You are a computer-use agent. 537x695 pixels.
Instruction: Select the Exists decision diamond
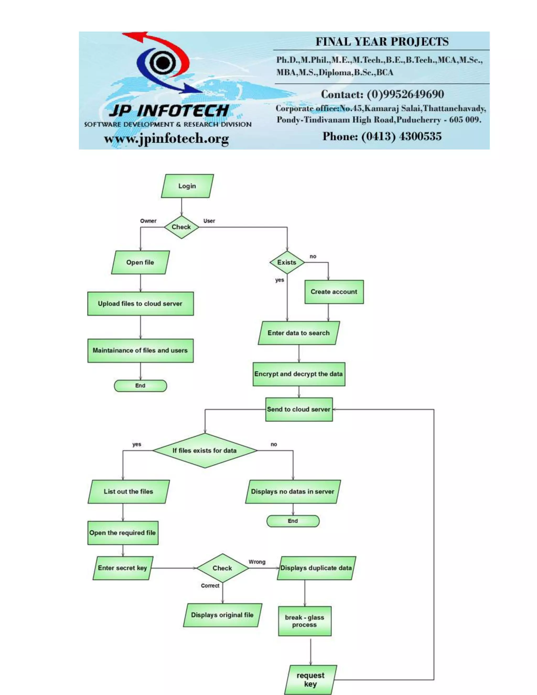tap(287, 262)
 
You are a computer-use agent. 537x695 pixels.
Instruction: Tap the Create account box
tap(334, 292)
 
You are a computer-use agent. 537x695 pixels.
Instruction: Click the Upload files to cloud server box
tap(140, 304)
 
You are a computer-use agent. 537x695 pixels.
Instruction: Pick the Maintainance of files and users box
tap(140, 350)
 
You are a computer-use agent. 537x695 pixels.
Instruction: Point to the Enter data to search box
tap(298, 333)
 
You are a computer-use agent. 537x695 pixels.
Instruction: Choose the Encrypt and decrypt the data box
tap(299, 374)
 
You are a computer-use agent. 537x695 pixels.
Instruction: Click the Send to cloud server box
tap(299, 409)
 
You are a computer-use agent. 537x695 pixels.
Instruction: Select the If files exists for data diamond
tap(205, 450)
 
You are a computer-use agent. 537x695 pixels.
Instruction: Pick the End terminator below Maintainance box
tap(140, 386)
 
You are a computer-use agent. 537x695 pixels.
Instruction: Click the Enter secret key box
tap(122, 568)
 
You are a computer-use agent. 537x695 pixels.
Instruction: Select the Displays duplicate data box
tap(316, 568)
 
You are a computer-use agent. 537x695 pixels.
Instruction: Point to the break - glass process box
tap(304, 621)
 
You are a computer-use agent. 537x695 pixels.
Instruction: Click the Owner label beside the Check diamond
tap(148, 221)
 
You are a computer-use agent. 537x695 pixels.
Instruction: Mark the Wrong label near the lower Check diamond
tap(257, 562)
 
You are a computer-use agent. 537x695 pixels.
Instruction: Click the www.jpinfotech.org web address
tap(167, 138)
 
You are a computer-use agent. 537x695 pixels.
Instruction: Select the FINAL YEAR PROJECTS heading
tap(382, 42)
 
